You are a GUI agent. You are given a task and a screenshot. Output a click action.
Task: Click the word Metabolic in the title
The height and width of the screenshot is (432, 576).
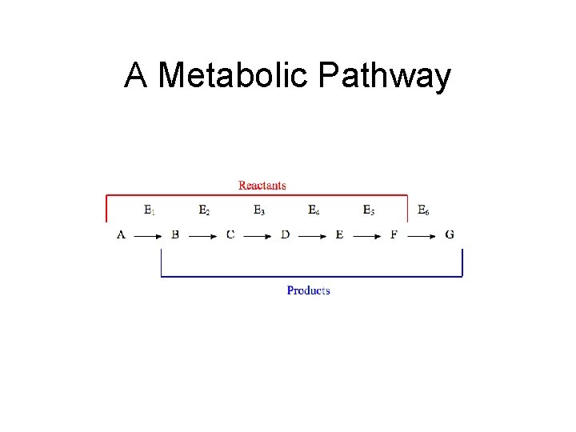[x=234, y=77]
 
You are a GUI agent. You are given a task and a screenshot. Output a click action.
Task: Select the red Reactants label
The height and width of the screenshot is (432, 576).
[x=262, y=186]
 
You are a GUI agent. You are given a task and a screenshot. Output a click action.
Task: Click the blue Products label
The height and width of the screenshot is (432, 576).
[x=308, y=290]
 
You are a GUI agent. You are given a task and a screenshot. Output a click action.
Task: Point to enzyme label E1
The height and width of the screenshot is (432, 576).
[x=150, y=210]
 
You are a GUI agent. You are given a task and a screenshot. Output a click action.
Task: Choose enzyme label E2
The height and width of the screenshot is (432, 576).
[x=204, y=210]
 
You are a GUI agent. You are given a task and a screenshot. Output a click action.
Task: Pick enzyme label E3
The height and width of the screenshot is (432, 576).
[x=259, y=210]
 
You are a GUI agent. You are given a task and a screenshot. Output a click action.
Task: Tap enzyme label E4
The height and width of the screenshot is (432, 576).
[x=314, y=210]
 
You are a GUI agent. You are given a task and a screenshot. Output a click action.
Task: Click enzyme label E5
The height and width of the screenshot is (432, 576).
[x=368, y=210]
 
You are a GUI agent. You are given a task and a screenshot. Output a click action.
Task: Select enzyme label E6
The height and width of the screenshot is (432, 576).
[x=423, y=210]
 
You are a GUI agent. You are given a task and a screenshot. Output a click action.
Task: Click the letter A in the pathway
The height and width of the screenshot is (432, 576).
[x=121, y=234]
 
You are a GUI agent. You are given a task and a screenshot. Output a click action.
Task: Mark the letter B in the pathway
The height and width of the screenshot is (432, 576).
[x=175, y=234]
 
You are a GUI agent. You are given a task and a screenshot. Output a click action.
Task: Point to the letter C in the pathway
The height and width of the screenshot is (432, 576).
[x=230, y=234]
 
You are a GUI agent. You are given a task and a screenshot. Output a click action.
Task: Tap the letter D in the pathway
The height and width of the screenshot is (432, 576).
[x=285, y=234]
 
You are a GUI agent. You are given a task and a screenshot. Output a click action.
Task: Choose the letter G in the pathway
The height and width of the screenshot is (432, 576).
[x=450, y=234]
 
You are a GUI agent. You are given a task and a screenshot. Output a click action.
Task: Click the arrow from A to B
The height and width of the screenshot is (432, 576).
[x=148, y=236]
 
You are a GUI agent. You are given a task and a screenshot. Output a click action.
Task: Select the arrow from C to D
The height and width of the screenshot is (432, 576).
[x=258, y=236]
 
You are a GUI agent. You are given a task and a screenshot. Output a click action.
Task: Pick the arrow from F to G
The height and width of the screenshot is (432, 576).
[x=422, y=236]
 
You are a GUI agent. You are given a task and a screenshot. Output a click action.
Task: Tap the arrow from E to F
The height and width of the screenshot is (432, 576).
[x=366, y=236]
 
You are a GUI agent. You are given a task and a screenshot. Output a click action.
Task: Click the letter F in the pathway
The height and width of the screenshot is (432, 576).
[x=394, y=234]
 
